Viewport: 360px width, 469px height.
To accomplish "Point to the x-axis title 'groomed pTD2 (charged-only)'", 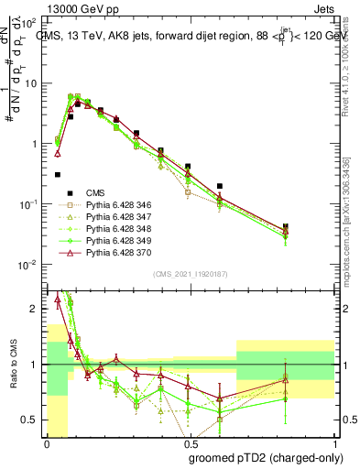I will click(x=266, y=457).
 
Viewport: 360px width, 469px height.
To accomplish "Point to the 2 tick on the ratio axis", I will click(x=38, y=309).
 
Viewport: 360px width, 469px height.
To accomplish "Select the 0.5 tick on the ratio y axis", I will click(x=33, y=420).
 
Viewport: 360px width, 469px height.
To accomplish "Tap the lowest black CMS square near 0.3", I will click(x=57, y=174).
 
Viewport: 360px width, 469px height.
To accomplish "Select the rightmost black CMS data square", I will click(x=286, y=226).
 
